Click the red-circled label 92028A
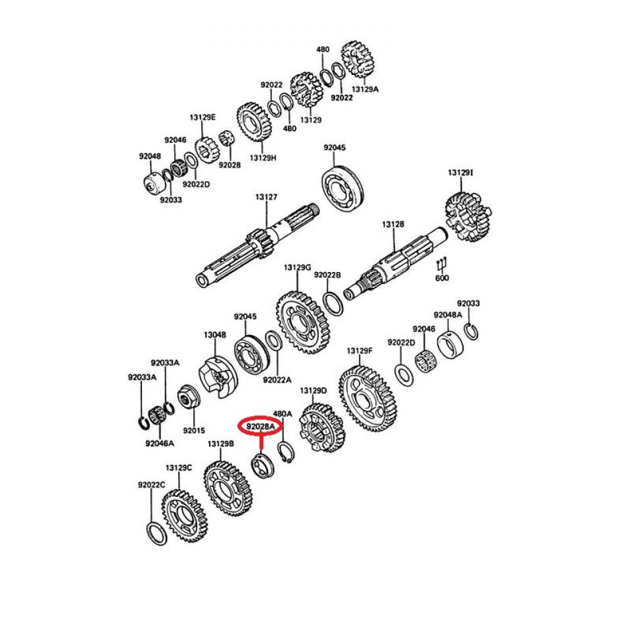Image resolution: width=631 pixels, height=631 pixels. pos(260,427)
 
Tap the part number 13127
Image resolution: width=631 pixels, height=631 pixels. pos(266,197)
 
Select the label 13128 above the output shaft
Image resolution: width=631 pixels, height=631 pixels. pos(393,224)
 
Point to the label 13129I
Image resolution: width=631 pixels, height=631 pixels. pos(460,172)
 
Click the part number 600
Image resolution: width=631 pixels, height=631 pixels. pos(442,278)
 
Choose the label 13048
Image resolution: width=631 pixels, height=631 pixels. pos(214,335)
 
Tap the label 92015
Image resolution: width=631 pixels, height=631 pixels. pos(194,431)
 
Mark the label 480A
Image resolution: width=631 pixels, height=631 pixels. pos(282,414)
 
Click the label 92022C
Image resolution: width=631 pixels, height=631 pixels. pos(151,485)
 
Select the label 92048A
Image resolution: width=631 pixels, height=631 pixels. pos(447,315)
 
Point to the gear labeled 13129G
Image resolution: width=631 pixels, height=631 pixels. pos(300,322)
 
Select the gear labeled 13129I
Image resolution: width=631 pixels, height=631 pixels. pos(468,216)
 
